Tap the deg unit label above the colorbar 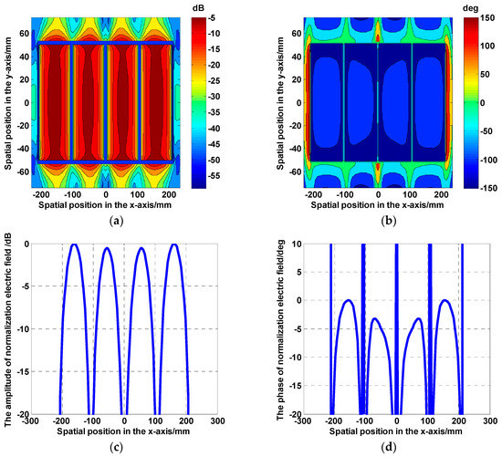coord(481,8)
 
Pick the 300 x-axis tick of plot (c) coord(215,424)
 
